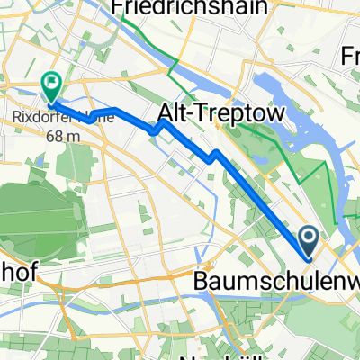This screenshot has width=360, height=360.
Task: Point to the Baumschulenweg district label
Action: [275, 283]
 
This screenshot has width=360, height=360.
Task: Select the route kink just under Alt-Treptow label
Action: [213, 157]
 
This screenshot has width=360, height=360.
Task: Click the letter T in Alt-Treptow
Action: [193, 113]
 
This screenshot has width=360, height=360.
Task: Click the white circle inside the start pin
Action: [308, 238]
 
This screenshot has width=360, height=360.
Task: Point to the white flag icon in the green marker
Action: [52, 83]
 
